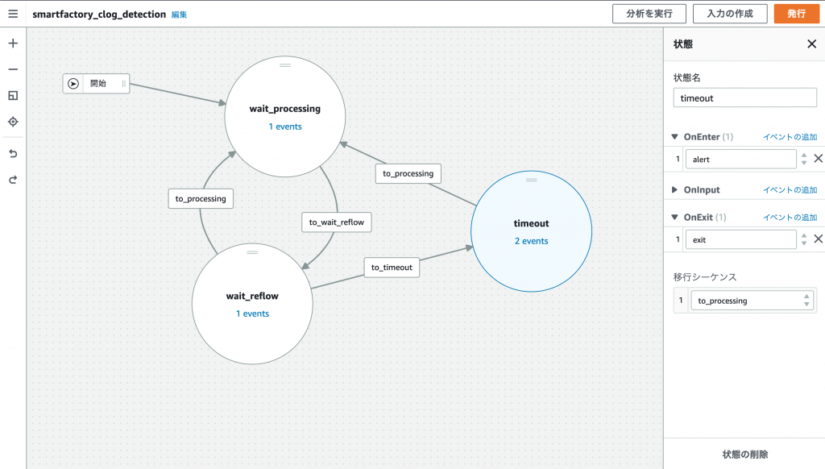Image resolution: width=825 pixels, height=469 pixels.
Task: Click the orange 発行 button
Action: [796, 14]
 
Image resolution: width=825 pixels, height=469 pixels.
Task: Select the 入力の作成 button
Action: [731, 14]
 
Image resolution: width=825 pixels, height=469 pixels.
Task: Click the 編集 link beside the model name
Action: [179, 15]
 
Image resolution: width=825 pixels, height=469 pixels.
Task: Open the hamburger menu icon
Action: [13, 14]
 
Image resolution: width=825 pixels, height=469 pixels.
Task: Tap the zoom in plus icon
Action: [13, 44]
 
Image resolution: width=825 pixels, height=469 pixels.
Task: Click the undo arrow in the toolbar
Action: [13, 153]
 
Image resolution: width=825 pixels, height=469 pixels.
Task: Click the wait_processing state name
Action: [285, 109]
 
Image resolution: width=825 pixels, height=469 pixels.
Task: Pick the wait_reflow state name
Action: [252, 296]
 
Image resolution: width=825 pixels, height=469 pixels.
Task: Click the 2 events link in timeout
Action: [531, 241]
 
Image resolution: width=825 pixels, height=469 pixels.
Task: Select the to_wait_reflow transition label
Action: [337, 222]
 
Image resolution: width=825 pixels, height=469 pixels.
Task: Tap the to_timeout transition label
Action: [392, 268]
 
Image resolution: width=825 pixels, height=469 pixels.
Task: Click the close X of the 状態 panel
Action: [811, 44]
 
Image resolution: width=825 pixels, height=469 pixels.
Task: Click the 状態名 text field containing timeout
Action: [744, 98]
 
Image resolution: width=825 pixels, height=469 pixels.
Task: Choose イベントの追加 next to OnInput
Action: [790, 190]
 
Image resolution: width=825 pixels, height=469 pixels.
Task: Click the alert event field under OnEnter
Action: [740, 160]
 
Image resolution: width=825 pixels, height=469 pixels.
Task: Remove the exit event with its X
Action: [818, 239]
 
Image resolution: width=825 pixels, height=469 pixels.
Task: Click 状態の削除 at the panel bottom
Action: [744, 454]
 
